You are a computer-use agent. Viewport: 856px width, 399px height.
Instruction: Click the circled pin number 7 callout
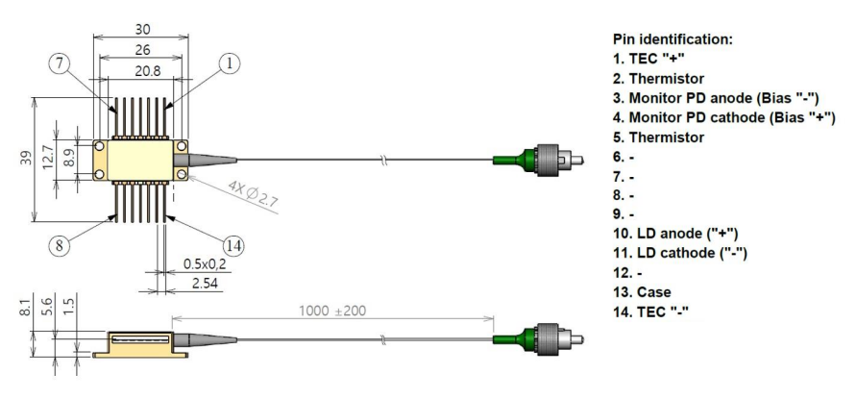click(59, 64)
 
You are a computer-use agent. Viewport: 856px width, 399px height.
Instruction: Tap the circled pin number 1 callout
click(230, 64)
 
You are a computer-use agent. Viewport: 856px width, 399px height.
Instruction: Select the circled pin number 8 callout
click(59, 245)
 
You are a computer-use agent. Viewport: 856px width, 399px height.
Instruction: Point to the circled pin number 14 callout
click(233, 246)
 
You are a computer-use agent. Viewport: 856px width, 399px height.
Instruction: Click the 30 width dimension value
click(142, 29)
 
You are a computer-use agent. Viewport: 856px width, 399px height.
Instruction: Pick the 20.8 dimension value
click(141, 70)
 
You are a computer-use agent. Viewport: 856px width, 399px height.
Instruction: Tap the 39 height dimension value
click(27, 159)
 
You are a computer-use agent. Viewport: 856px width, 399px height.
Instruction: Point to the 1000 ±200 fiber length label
click(332, 311)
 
